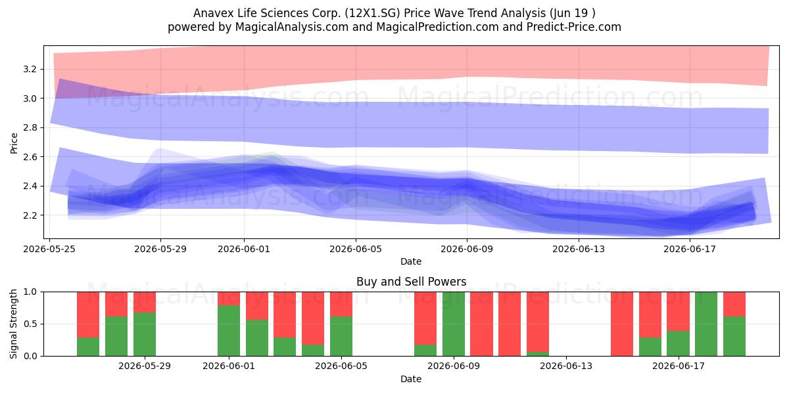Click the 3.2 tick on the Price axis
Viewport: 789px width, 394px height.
[30, 69]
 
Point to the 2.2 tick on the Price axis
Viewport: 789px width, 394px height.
[30, 215]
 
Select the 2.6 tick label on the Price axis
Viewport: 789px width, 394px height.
[30, 156]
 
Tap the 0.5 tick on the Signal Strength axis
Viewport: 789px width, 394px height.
[30, 324]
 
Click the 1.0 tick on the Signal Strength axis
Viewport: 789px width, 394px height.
[30, 292]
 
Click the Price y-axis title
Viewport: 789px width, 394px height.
[14, 143]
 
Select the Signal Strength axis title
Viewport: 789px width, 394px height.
[13, 324]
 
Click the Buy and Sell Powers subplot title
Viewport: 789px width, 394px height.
[411, 282]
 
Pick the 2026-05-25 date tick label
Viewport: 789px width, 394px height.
[49, 249]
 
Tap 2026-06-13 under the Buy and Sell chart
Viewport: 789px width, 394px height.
[566, 366]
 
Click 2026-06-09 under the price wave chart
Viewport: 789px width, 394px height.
[467, 249]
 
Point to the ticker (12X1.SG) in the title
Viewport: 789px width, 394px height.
[372, 13]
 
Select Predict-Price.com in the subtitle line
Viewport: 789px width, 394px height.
[574, 27]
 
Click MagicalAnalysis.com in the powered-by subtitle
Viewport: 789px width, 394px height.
[292, 27]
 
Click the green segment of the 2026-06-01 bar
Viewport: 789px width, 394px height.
[229, 331]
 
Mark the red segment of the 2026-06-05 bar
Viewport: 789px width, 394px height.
[341, 304]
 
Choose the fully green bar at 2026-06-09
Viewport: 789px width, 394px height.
[454, 324]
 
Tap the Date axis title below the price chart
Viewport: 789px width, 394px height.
[411, 261]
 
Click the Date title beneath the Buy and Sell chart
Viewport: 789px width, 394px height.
[411, 379]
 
